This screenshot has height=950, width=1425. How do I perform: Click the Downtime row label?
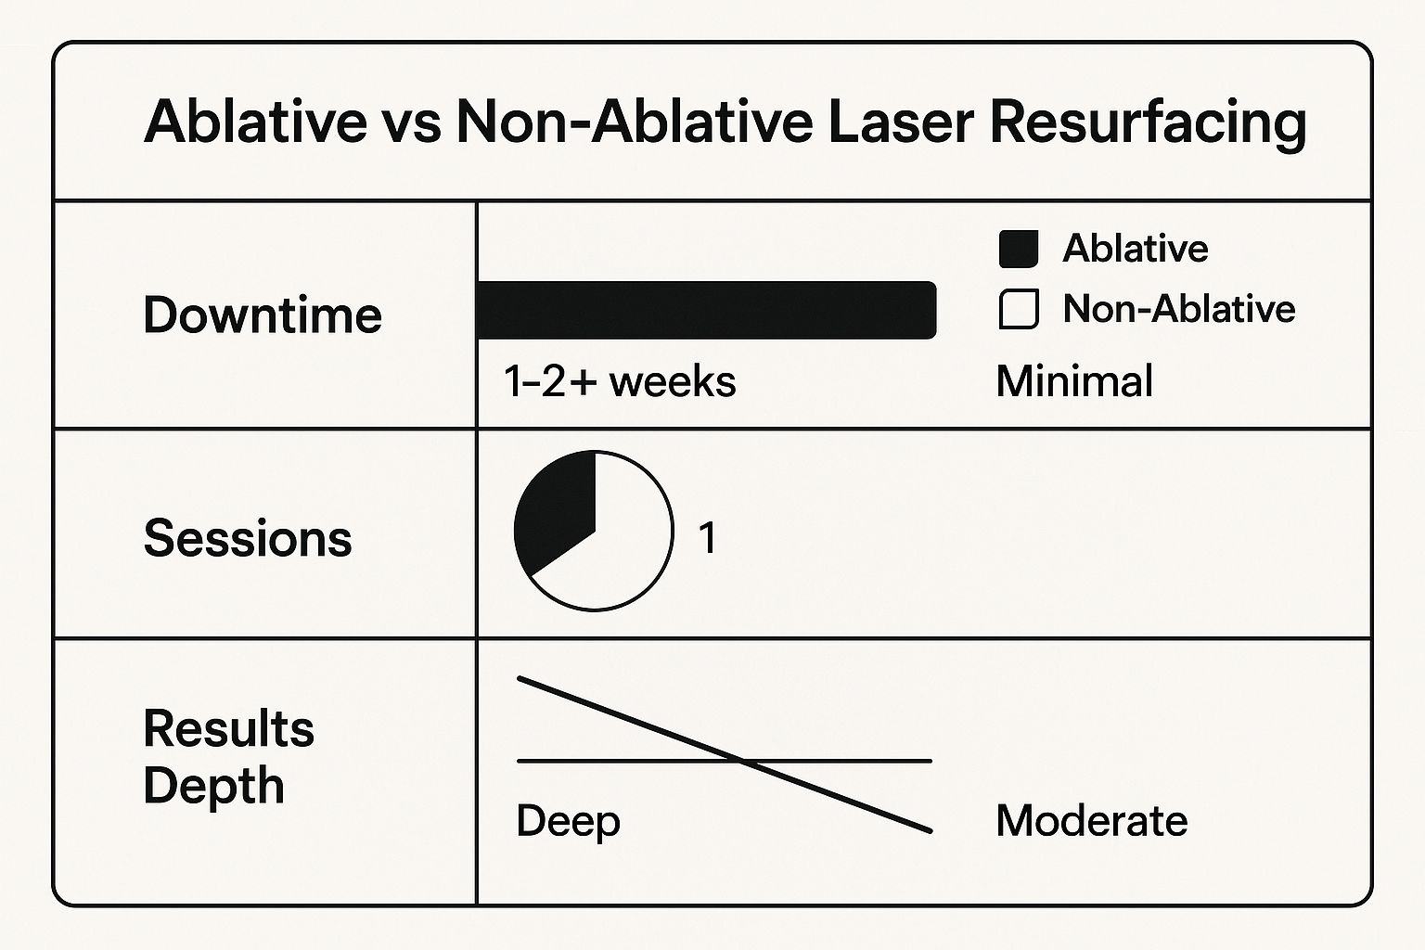pos(263,315)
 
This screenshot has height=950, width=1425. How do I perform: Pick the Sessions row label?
pos(248,538)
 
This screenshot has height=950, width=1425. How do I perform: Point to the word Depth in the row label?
pos(213,787)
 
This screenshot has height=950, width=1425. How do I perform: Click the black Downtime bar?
pos(706,310)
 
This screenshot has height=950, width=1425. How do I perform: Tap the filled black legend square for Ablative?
pos(1019,249)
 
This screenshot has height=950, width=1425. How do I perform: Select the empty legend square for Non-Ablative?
pos(1019,309)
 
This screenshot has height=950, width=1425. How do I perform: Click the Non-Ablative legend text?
pos(1179,309)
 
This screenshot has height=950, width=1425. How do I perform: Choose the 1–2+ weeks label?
pos(620,381)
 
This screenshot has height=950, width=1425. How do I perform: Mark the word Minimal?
pos(1074,381)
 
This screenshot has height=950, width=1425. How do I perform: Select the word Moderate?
pos(1092,821)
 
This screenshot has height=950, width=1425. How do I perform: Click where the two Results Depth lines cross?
pos(742,761)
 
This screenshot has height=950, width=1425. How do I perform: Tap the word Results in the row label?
pos(229,728)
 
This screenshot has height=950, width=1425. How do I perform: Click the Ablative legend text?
pos(1136,248)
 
